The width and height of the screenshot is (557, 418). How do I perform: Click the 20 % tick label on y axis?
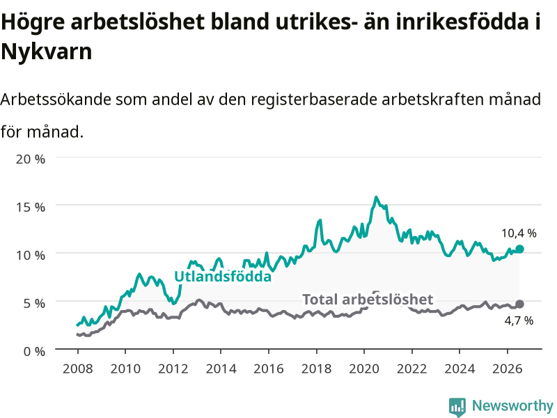point(31,159)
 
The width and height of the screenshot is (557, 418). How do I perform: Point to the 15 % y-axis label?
point(31,207)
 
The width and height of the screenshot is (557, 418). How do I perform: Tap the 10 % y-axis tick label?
point(31,255)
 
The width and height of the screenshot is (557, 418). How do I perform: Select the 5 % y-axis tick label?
point(34,303)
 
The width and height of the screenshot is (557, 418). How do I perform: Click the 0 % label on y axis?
point(34,351)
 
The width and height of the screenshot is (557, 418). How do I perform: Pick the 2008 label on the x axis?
point(78,369)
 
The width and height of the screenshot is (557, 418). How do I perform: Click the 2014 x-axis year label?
point(221,369)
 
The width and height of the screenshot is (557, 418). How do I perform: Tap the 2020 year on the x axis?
point(364,369)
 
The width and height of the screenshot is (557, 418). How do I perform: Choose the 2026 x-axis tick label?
point(508,369)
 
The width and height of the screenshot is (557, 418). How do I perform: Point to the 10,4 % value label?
point(519,233)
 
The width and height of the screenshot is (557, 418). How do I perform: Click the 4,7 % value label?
point(519,320)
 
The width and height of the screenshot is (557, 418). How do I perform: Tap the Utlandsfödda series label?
point(223,277)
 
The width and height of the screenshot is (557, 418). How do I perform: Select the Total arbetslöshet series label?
point(368,300)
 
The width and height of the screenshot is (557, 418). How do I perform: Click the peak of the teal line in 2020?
point(376,197)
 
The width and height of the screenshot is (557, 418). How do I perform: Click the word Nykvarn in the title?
point(47,52)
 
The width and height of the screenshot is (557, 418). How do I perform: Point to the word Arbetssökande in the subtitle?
point(56,99)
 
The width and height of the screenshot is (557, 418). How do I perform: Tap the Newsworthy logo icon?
point(457,407)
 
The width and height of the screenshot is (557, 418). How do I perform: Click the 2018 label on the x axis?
point(317,369)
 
